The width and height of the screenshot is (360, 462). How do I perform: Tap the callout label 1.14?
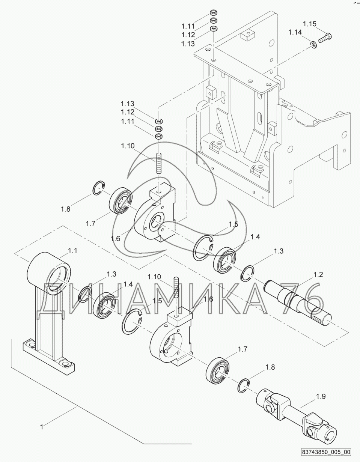[295, 32]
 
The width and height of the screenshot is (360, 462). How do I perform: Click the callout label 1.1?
[72, 251]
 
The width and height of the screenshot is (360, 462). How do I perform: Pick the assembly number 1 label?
[42, 427]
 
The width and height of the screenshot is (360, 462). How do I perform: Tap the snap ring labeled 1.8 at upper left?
[99, 188]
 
